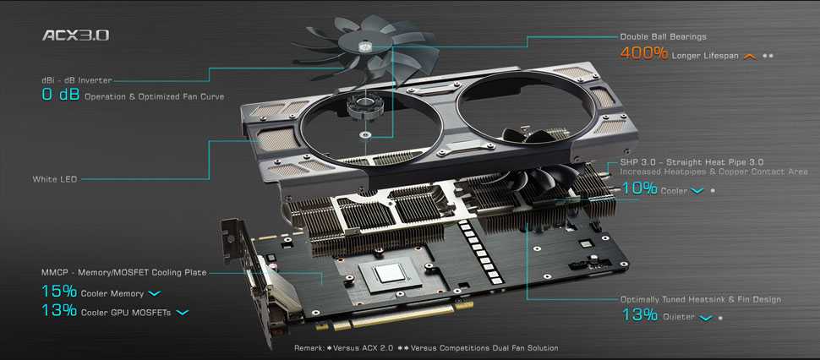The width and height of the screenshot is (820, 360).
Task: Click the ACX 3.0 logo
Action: point(76,35)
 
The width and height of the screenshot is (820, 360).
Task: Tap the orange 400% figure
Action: point(644,53)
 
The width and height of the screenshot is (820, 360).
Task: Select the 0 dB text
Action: point(61,95)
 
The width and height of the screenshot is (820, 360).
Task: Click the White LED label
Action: point(55,179)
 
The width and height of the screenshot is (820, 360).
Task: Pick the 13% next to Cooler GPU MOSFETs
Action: point(59,310)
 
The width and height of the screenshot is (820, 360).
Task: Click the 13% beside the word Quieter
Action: point(640,314)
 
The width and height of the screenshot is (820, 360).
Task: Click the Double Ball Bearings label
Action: point(663,36)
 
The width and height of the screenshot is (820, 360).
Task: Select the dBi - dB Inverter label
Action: point(76,80)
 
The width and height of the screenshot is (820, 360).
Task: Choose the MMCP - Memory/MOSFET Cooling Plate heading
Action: point(124,272)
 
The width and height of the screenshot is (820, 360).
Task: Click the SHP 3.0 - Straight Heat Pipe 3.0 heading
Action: point(692,162)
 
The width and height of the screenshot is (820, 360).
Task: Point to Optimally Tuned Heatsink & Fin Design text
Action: point(700,299)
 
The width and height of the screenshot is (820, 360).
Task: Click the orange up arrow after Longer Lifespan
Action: point(750,56)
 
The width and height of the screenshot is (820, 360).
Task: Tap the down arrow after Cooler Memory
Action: point(155,293)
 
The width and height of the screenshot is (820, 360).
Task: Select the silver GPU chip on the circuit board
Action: point(391,273)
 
